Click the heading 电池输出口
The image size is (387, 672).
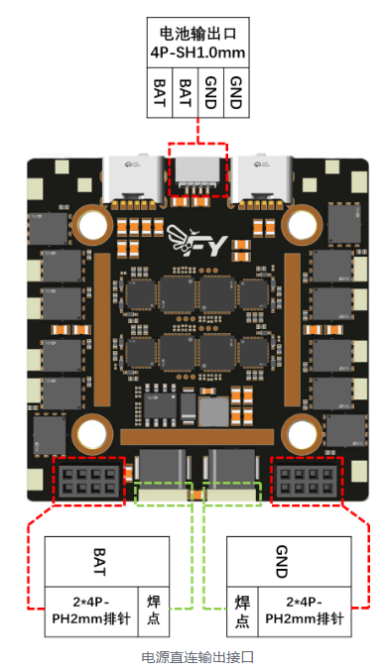[x=197, y=34]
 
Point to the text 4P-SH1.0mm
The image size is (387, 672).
[x=197, y=53]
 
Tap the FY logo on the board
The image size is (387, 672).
[x=196, y=241]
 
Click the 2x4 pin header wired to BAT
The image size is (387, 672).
[x=89, y=481]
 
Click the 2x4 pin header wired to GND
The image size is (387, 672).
[x=306, y=481]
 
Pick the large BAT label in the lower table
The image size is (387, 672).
[x=99, y=561]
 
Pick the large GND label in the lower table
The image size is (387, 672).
[x=281, y=561]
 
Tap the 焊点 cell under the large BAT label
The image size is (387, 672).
[x=154, y=611]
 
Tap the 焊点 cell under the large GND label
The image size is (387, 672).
[x=242, y=612]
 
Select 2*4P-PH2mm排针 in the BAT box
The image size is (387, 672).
[x=91, y=611]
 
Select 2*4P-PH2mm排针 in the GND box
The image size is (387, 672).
[x=305, y=611]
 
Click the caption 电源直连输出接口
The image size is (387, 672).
[x=197, y=657]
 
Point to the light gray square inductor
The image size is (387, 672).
[x=213, y=411]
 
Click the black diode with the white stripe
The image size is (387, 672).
[x=188, y=405]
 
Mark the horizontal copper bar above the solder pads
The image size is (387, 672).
[x=196, y=437]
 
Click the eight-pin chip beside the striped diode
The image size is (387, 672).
[x=160, y=405]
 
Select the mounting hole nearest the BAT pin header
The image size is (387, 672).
[x=89, y=434]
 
